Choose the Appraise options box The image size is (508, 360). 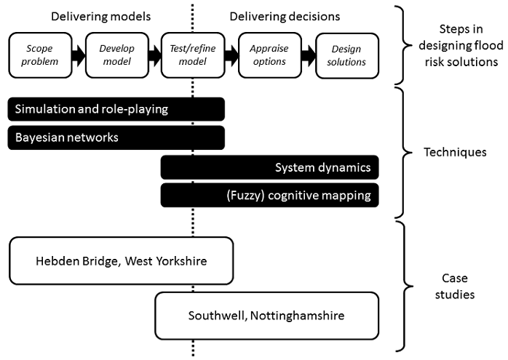click(268, 55)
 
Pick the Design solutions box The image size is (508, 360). click(346, 55)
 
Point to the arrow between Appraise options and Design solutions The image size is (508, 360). click(307, 55)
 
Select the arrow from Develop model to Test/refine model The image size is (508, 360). click(152, 55)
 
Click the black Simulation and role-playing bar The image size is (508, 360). click(116, 109)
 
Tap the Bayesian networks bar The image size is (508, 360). click(116, 137)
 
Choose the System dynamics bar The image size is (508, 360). click(269, 168)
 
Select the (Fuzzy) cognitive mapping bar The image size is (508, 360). click(269, 195)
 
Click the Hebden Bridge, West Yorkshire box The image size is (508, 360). click(121, 260)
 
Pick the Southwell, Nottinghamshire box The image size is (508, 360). click(266, 316)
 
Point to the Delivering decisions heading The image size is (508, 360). click(285, 16)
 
